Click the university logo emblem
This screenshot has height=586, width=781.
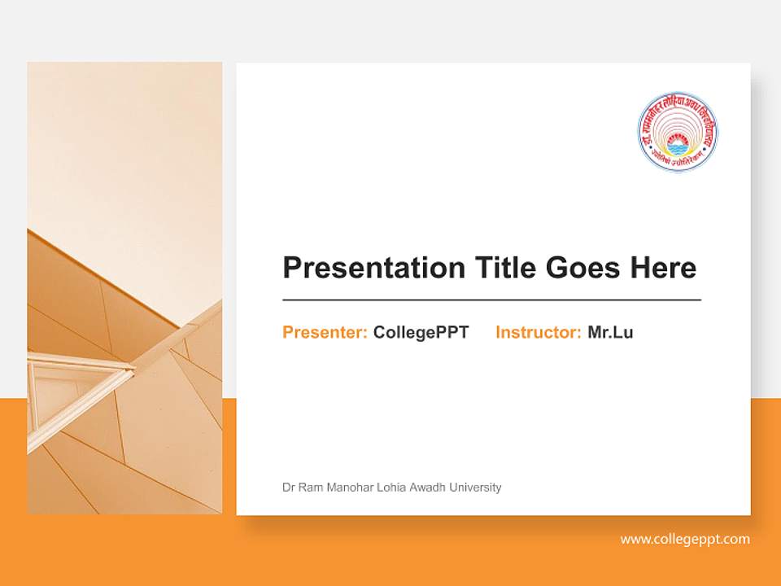(678, 132)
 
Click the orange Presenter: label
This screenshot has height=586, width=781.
(325, 332)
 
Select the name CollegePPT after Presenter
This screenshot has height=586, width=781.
(421, 332)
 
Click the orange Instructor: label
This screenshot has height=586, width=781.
(538, 332)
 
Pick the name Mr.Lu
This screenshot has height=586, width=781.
(610, 332)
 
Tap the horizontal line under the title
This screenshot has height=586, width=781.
(491, 300)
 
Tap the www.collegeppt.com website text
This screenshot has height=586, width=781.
(685, 539)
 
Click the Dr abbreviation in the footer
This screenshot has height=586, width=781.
(289, 488)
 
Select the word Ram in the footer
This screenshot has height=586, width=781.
(310, 488)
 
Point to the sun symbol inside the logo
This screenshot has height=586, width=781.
(678, 146)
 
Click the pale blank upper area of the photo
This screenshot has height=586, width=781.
(122, 138)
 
